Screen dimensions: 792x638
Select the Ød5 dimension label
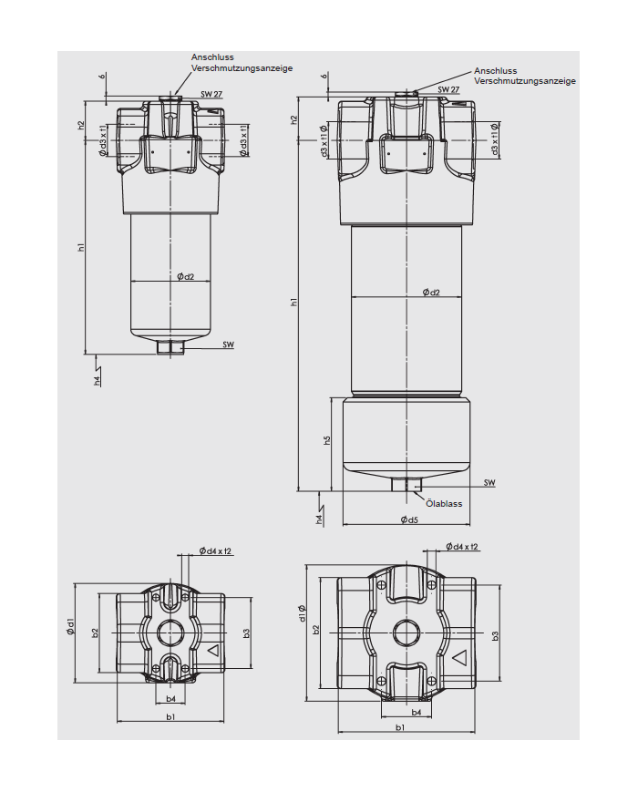click(408, 519)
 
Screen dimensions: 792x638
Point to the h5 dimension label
click(327, 440)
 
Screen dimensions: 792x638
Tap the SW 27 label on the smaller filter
click(211, 94)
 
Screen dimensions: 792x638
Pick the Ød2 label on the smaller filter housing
click(186, 276)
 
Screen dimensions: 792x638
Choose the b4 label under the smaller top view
click(170, 699)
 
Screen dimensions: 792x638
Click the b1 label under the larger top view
click(400, 726)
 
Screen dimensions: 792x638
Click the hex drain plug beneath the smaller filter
click(170, 346)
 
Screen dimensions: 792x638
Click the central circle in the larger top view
click(406, 633)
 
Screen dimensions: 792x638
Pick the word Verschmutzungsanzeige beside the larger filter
click(525, 81)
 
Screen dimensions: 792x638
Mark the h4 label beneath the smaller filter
click(97, 380)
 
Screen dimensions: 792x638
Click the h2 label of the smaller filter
click(81, 125)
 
